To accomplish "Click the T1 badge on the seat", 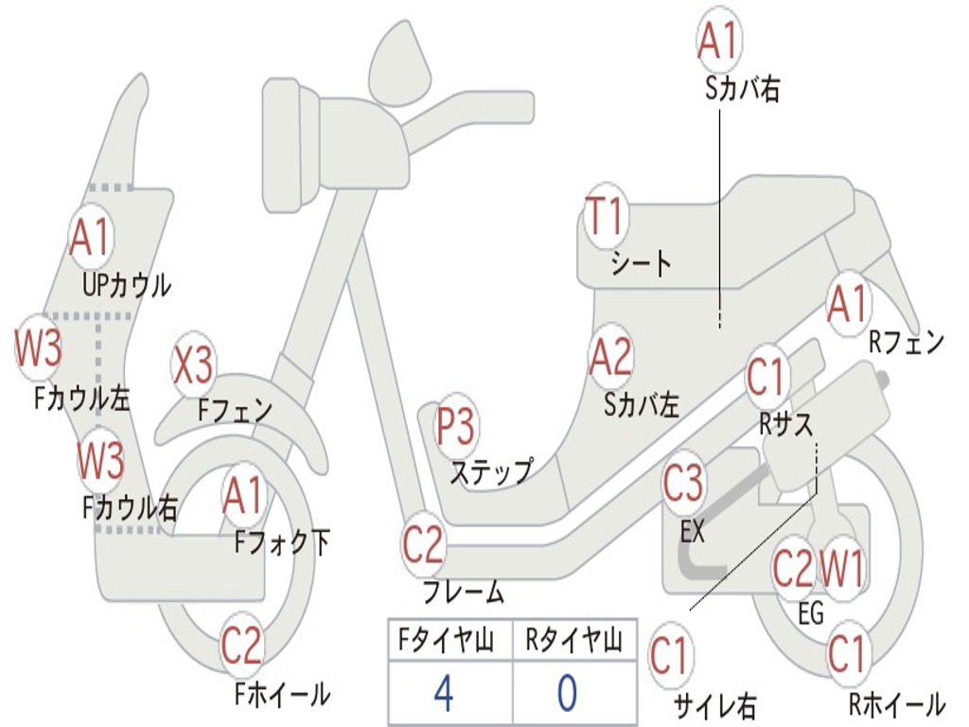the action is (x=607, y=217).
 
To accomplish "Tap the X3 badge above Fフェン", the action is (x=193, y=364).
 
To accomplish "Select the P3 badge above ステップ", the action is (x=455, y=427).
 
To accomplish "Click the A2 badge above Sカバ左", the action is (x=611, y=357).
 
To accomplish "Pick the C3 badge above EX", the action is (x=683, y=483).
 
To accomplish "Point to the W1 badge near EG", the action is (x=840, y=568).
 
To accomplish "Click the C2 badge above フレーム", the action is (x=423, y=544).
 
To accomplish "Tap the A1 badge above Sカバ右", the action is (x=718, y=40).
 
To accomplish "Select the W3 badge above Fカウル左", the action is (x=38, y=347).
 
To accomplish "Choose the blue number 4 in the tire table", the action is (x=444, y=693).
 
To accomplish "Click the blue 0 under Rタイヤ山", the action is (x=568, y=693).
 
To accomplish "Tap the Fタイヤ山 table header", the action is (x=446, y=640).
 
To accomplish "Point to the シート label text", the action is (x=641, y=264).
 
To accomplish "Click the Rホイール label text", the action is (x=896, y=704).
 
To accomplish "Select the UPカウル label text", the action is (x=127, y=286).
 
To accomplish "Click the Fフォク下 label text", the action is (x=282, y=542).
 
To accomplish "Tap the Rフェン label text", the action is (x=907, y=342).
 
